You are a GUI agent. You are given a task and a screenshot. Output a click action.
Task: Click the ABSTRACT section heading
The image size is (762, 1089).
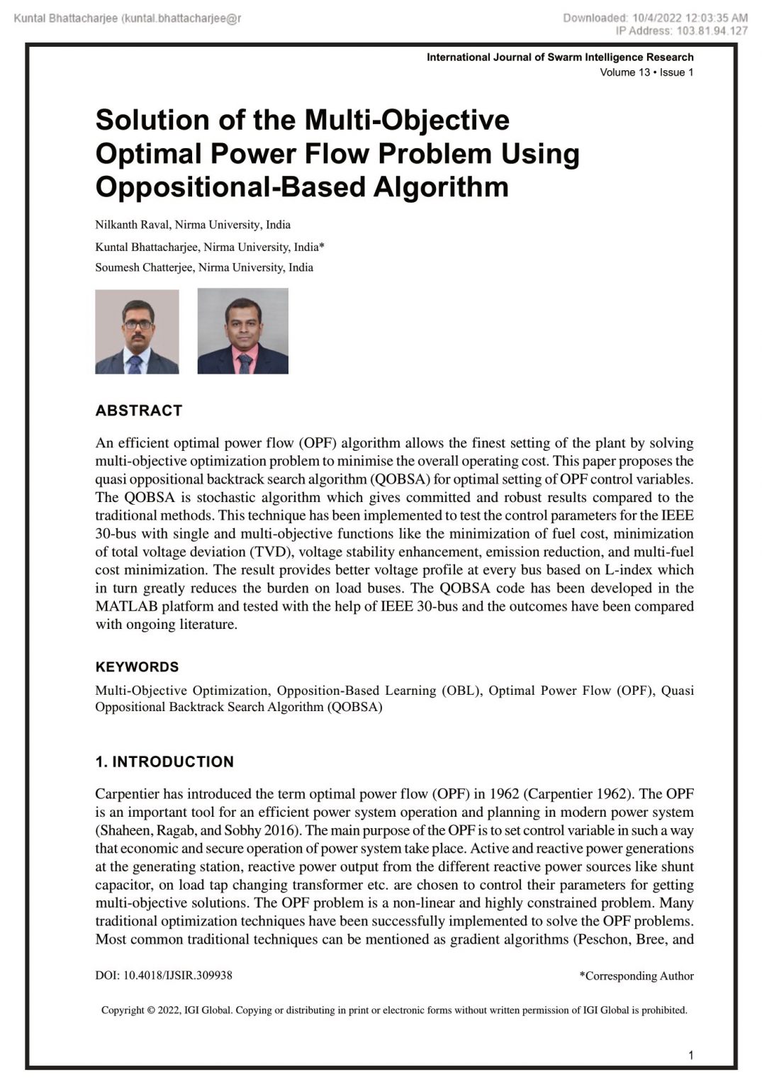point(139,411)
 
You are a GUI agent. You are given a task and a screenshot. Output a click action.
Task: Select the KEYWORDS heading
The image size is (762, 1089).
point(137,666)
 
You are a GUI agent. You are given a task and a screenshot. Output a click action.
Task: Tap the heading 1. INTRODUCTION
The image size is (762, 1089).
point(164,761)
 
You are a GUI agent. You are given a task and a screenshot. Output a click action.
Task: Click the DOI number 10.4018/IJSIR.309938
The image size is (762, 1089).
point(177,975)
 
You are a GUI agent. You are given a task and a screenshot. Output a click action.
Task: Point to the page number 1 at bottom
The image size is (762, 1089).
point(690,1055)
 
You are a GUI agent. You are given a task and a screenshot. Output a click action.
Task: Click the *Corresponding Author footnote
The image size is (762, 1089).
point(636,976)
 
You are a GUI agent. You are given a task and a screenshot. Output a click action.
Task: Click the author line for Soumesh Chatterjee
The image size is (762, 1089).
point(204,267)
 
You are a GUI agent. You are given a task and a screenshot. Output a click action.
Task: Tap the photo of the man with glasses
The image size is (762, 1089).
point(137,331)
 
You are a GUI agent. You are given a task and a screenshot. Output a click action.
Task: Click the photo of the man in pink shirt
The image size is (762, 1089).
point(242,331)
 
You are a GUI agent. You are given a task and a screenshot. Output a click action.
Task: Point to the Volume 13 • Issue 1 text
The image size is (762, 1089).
point(646,72)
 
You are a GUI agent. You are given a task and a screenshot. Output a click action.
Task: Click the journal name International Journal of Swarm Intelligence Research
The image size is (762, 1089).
point(560,57)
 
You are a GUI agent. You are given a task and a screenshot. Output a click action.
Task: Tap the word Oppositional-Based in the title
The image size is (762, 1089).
point(230,186)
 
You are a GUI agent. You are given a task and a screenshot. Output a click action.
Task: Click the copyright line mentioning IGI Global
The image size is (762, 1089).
point(394,1010)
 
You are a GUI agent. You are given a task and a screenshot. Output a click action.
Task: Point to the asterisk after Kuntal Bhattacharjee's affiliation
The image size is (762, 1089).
point(322,246)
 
